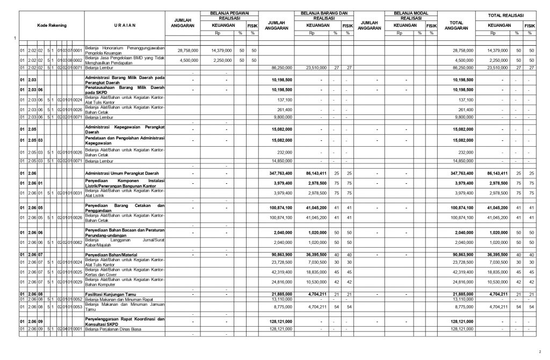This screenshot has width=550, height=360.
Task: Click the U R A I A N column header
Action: pyautogui.click(x=125, y=25)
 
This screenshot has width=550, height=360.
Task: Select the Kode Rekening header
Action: pyautogui.click(x=51, y=25)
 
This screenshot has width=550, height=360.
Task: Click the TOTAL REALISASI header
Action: pyautogui.click(x=505, y=15)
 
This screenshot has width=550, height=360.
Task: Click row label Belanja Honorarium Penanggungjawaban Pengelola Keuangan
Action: pyautogui.click(x=125, y=50)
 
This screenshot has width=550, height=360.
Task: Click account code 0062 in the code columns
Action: pyautogui.click(x=78, y=243)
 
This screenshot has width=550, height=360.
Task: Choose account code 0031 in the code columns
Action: pyautogui.click(x=78, y=192)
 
